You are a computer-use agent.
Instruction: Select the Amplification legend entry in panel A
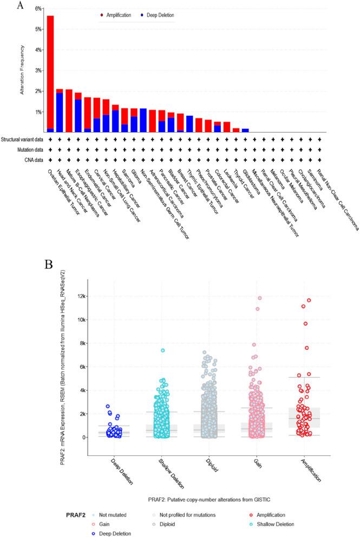pos(119,15)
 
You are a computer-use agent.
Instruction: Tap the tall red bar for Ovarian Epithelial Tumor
pos(50,70)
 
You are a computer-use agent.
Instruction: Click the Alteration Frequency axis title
pos(23,70)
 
